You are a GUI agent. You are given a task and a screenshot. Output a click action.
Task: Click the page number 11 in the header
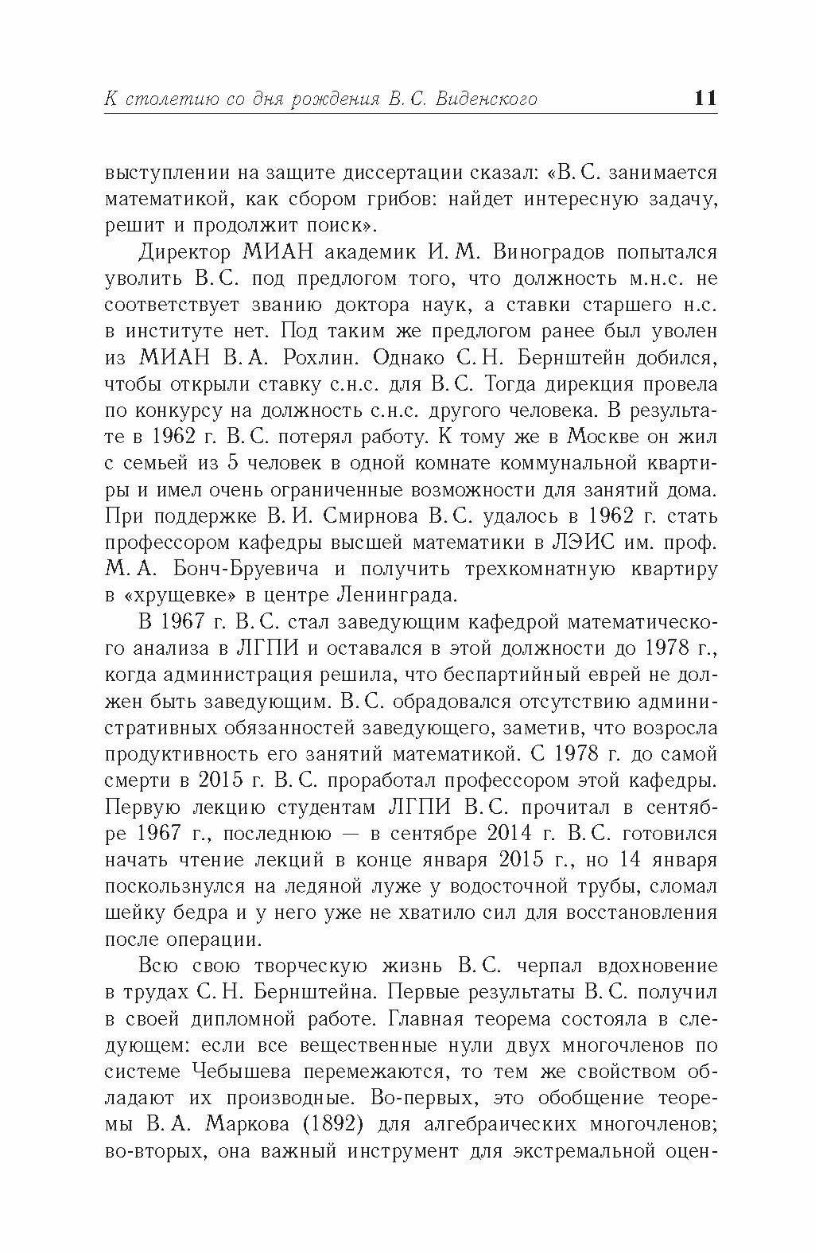(705, 98)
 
